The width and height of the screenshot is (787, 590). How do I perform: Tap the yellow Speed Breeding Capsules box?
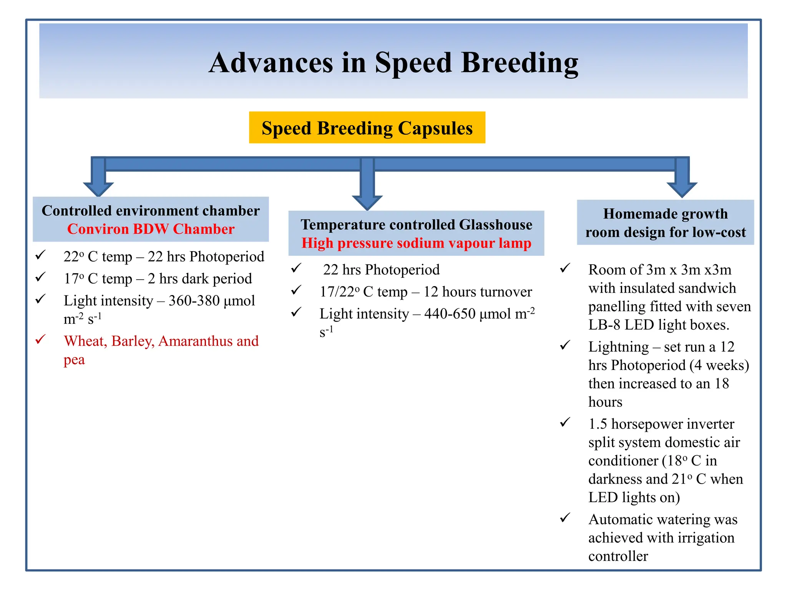pos(367,128)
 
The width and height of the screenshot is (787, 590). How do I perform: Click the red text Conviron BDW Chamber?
pos(151,229)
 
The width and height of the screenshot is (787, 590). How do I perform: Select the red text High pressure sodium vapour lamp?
pos(416,243)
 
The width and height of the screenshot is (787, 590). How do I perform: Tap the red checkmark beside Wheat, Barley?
pos(41,340)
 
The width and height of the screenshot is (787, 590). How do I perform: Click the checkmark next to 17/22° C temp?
pos(296,290)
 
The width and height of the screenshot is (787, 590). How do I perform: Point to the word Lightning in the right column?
pos(618,347)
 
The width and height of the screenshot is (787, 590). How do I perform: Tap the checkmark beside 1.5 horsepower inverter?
pos(565,423)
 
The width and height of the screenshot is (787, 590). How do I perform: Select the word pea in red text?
pos(74,360)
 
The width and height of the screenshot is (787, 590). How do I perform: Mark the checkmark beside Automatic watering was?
pos(565,518)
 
